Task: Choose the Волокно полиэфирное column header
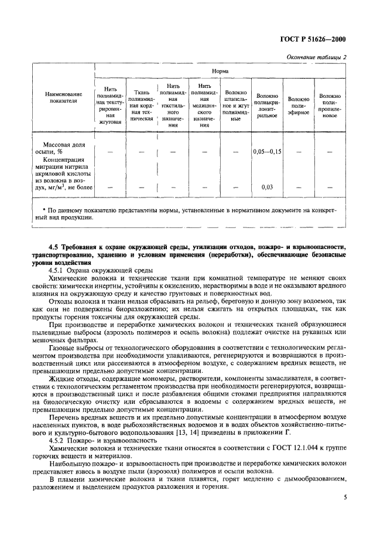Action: (299, 105)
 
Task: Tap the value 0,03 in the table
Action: (267, 188)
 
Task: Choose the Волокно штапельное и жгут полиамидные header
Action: (236, 105)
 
